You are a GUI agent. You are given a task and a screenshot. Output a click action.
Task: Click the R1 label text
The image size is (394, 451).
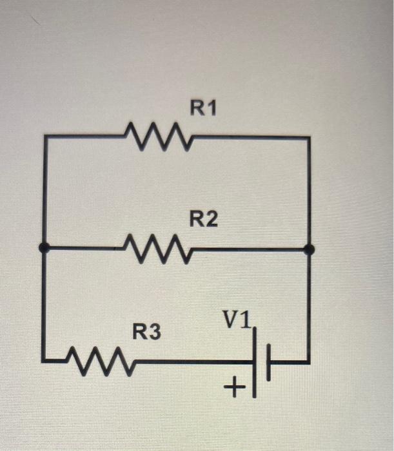click(x=204, y=109)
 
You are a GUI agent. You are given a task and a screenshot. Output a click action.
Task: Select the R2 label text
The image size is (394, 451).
click(x=204, y=220)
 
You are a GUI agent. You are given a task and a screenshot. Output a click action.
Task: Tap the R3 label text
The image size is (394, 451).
click(x=148, y=333)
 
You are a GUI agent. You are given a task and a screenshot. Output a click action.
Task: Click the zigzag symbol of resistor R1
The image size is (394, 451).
click(x=159, y=136)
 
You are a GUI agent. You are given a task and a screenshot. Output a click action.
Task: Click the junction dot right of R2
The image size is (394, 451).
click(x=309, y=249)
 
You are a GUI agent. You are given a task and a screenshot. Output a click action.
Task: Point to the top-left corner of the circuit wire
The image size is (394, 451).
click(x=44, y=137)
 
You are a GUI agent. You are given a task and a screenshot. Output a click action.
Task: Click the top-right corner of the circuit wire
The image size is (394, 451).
click(x=309, y=137)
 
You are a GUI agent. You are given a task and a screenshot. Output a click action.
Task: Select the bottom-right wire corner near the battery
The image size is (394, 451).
click(x=309, y=362)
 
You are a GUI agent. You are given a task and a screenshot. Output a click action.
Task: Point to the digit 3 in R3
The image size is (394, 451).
click(x=157, y=333)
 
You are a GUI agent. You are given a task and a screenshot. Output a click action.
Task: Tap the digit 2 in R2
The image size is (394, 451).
click(x=212, y=220)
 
